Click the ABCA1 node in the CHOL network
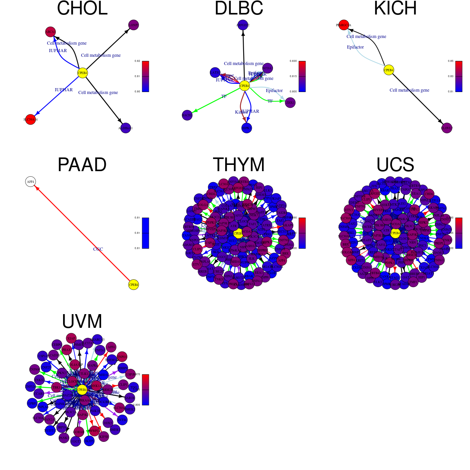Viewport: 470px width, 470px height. (x=51, y=32)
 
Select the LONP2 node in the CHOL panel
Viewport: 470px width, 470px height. (x=134, y=25)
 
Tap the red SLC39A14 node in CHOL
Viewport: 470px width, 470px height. (x=31, y=119)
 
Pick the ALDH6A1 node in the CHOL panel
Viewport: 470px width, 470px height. (x=126, y=128)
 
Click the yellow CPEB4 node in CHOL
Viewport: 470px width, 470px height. (x=82, y=73)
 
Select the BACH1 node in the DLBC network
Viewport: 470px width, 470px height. (x=187, y=115)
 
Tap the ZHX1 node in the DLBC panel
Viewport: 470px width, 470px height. (x=290, y=103)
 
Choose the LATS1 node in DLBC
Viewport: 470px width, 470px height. (x=215, y=72)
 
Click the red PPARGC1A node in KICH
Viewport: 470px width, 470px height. (x=343, y=25)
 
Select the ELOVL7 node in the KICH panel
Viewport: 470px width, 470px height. (x=447, y=128)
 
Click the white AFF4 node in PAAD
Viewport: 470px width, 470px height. (x=31, y=182)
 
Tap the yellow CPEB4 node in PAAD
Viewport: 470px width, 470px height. (x=134, y=285)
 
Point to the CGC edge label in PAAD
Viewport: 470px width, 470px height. (x=98, y=249)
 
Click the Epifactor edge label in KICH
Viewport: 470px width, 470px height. (x=355, y=47)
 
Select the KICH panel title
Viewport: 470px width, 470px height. (x=395, y=9)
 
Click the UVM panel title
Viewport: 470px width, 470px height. (x=82, y=322)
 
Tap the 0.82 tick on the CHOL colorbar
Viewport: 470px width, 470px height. (x=137, y=61)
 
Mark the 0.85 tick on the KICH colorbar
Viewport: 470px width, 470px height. (x=451, y=61)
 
